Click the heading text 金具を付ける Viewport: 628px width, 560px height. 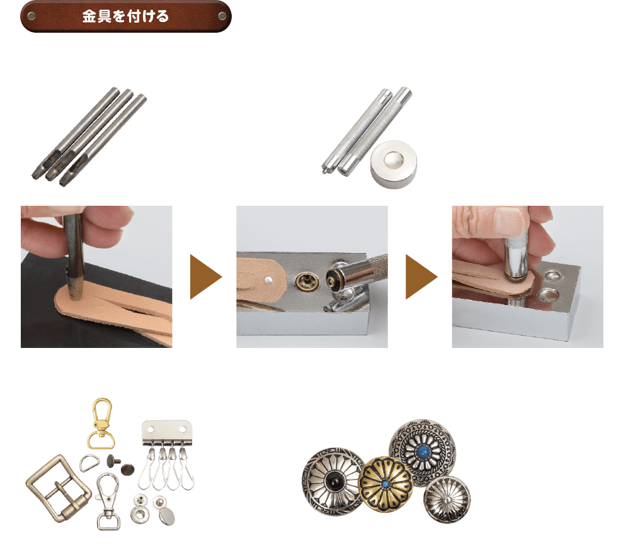[x=125, y=16]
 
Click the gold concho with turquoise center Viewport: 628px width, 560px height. [x=385, y=483]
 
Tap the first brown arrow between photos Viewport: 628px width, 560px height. [x=205, y=277]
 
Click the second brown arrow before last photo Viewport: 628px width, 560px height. [x=421, y=277]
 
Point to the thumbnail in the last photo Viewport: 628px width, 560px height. [x=509, y=221]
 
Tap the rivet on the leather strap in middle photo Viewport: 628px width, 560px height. [x=270, y=277]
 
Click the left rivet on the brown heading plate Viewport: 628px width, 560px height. [x=31, y=16]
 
